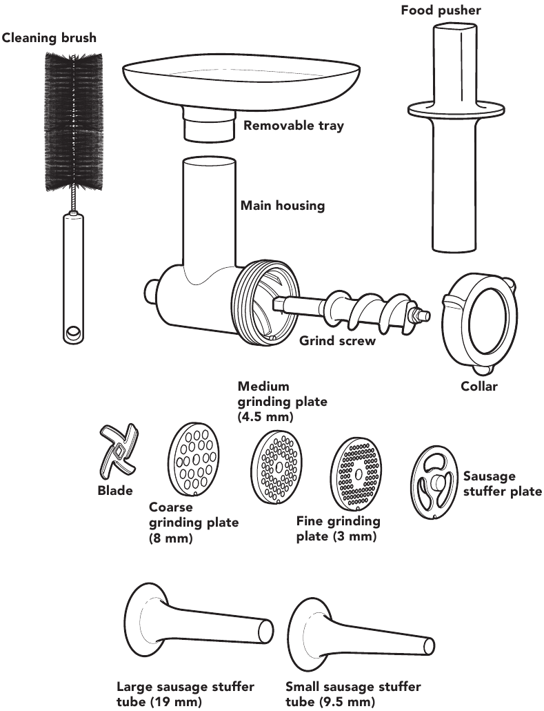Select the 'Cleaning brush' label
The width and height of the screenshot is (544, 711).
[x=49, y=38]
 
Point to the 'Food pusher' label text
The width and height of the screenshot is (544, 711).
[x=441, y=10]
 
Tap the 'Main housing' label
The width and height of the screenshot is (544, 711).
[x=282, y=205]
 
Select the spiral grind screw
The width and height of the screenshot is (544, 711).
[x=352, y=311]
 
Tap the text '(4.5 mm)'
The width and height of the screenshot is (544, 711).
[x=265, y=417]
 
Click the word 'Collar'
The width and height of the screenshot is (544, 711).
[x=479, y=386]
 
